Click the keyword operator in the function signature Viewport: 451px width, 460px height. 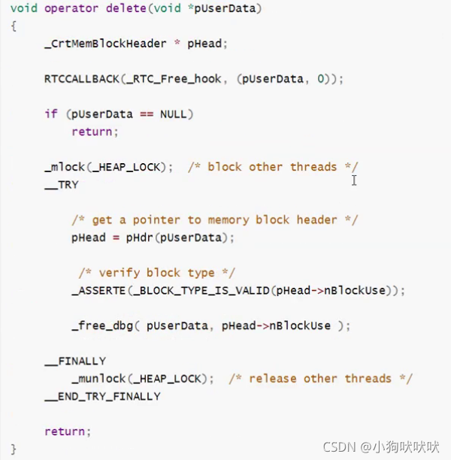tap(68, 8)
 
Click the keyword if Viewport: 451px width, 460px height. tap(50, 114)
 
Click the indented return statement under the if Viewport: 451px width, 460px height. tap(94, 132)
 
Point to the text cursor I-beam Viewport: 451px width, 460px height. tap(353, 180)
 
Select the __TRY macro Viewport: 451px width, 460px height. tap(62, 184)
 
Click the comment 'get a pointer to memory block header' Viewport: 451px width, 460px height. tap(215, 219)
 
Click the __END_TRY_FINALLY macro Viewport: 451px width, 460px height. tap(102, 396)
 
